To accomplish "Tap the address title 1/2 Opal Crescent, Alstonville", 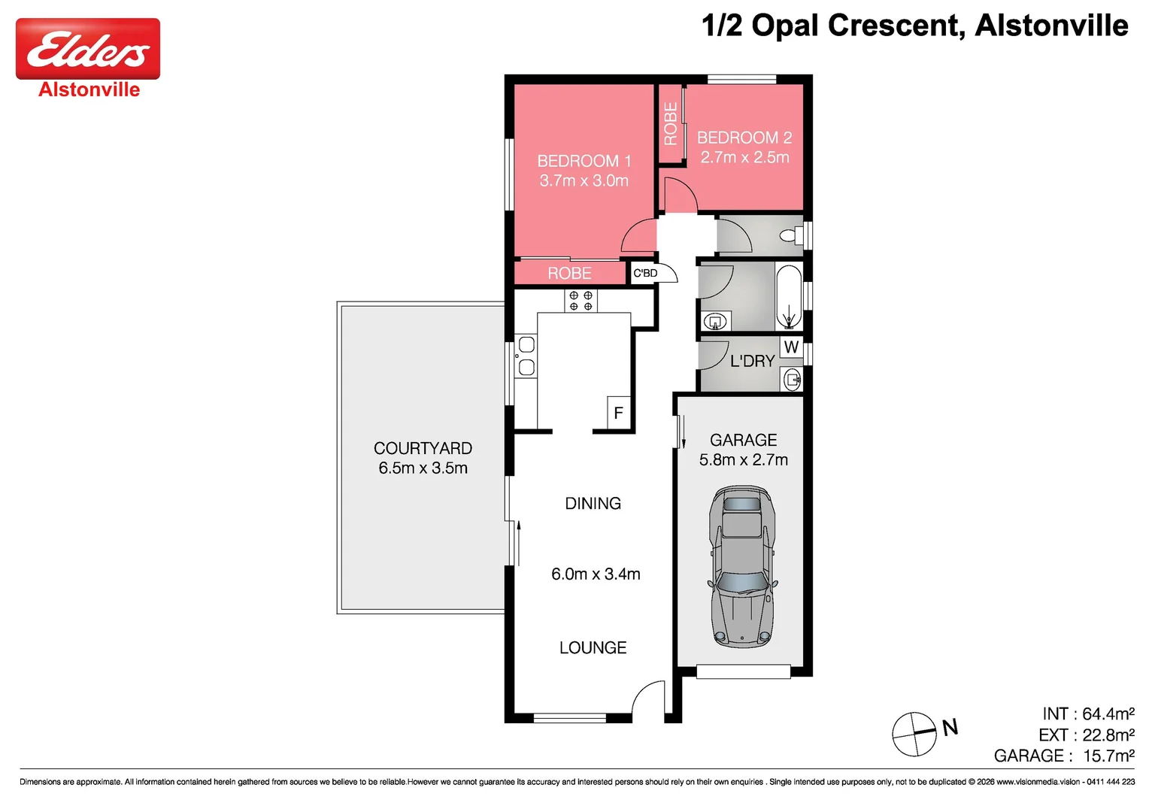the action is [914, 25].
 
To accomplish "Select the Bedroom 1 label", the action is [584, 161].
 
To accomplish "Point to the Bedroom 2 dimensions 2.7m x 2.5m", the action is [744, 157].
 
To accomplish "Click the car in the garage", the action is [743, 566].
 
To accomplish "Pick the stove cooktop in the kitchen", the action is [581, 301].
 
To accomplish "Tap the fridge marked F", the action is [619, 413].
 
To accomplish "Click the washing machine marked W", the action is [791, 347].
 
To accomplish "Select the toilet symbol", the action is [792, 235].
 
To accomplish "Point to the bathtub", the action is [789, 296].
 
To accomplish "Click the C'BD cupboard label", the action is [644, 273].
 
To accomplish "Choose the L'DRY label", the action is [752, 361].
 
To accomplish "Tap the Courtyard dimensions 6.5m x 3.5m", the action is [423, 468].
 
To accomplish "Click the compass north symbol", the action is [915, 734].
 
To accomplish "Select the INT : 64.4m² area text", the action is [1088, 714].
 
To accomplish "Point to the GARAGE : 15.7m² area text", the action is [1064, 756].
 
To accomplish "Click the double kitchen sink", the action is [526, 356].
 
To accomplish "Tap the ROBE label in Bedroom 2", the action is [671, 123].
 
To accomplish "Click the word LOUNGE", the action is [593, 647].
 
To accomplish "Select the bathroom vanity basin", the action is [716, 322].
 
